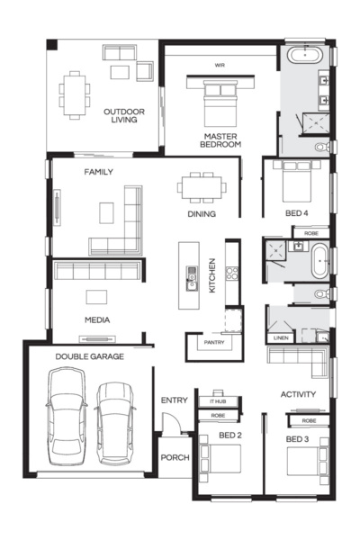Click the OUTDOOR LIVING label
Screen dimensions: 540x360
pyautogui.click(x=124, y=115)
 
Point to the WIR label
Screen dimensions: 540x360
pyautogui.click(x=220, y=65)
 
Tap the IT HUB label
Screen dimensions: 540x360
pyautogui.click(x=219, y=400)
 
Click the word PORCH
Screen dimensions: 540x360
pyautogui.click(x=175, y=458)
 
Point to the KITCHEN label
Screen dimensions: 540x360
pyautogui.click(x=212, y=276)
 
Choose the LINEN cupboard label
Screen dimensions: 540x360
pyautogui.click(x=280, y=338)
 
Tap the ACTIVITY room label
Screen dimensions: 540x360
pyautogui.click(x=298, y=394)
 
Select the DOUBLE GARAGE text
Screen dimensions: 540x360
pyautogui.click(x=89, y=357)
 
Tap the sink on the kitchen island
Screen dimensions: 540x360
pyautogui.click(x=191, y=275)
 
